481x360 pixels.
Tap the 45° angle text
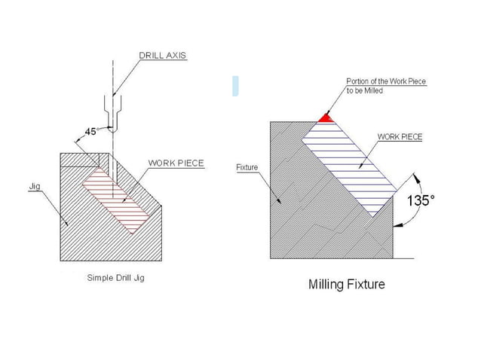[x=91, y=132]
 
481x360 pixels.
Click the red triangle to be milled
[x=325, y=117]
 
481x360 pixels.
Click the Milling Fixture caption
[x=346, y=285]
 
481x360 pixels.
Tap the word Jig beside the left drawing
[x=33, y=185]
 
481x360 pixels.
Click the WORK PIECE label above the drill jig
[x=176, y=163]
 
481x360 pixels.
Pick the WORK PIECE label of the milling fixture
[x=400, y=137]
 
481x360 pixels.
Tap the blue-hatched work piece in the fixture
[x=347, y=166]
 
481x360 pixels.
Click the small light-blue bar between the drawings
[x=235, y=86]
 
